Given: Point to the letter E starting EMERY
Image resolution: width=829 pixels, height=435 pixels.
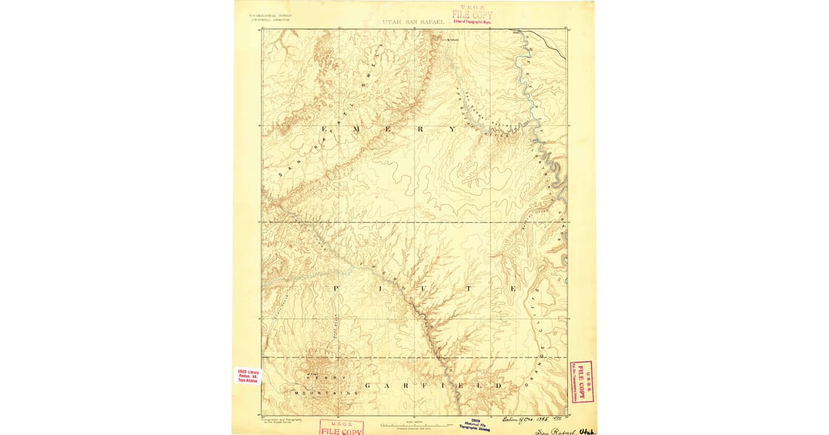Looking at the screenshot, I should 325,129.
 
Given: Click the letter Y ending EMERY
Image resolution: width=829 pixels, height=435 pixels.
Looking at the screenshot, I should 453,129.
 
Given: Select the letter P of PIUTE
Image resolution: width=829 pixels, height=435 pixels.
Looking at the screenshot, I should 338,288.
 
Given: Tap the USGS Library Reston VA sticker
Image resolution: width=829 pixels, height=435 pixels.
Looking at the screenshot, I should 247,375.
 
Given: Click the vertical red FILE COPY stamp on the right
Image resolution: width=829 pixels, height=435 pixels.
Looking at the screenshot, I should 582,381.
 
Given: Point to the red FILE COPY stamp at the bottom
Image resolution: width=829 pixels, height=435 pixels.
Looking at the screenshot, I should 341,429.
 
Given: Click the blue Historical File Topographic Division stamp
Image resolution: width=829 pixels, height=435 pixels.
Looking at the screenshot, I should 476,425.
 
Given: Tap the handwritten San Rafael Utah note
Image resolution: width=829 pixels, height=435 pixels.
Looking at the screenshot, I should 563,429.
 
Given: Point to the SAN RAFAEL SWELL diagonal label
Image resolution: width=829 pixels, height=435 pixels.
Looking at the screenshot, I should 325,128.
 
